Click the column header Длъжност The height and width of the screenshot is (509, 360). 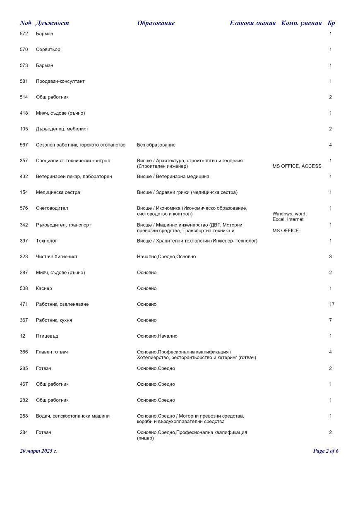pyautogui.click(x=52, y=23)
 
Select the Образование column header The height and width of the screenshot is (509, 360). pyautogui.click(x=156, y=23)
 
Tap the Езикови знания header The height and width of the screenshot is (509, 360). pyautogui.click(x=252, y=23)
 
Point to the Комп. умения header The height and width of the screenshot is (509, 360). pyautogui.click(x=301, y=23)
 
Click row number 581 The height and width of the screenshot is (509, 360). pyautogui.click(x=24, y=82)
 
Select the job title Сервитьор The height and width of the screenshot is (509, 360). pyautogui.click(x=48, y=50)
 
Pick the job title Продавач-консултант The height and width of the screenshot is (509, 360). pyautogui.click(x=60, y=82)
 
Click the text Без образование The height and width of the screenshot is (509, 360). pyautogui.click(x=156, y=145)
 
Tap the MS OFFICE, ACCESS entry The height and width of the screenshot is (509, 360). pyautogui.click(x=297, y=166)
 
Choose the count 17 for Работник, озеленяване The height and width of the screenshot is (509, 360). pyautogui.click(x=331, y=304)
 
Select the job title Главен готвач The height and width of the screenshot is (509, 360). pyautogui.click(x=52, y=352)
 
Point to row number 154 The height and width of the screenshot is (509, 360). pyautogui.click(x=24, y=192)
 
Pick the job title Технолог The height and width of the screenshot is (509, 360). pyautogui.click(x=46, y=240)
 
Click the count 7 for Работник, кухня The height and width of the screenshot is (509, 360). pyautogui.click(x=331, y=320)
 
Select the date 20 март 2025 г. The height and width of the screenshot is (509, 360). pyautogui.click(x=38, y=451)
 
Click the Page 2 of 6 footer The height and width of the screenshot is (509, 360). pyautogui.click(x=326, y=451)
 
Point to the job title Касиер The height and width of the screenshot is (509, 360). pyautogui.click(x=44, y=288)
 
